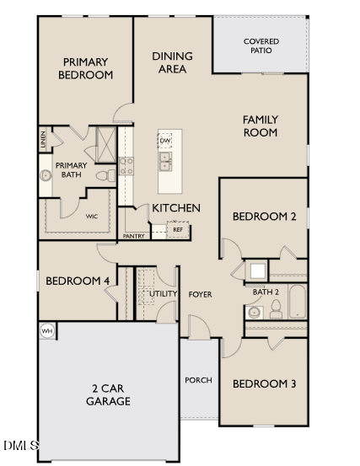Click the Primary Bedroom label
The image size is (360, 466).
85,67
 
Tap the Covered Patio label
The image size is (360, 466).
261,46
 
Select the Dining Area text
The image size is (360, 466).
172,62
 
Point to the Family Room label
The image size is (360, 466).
261,126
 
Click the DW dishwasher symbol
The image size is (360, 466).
165,140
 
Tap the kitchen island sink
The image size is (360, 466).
165,159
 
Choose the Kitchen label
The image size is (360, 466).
175,207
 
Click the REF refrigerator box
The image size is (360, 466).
178,229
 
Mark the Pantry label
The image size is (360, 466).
133,236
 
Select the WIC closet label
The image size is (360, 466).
92,217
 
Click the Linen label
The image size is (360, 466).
42,138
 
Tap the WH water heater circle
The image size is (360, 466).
47,331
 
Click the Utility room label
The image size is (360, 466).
164,293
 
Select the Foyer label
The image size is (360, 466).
200,294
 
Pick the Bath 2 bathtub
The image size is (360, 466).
297,303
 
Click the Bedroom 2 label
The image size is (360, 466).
264,217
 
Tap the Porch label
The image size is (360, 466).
198,380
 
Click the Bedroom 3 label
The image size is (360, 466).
264,383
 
